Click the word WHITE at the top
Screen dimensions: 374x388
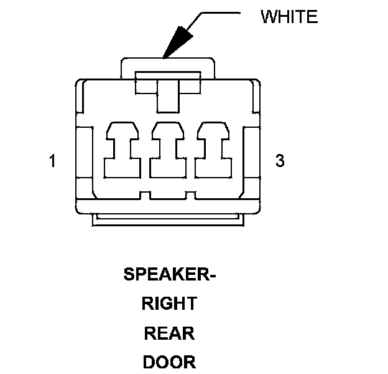tap(289, 16)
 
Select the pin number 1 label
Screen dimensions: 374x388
tap(53, 161)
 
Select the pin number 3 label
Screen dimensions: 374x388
tap(280, 161)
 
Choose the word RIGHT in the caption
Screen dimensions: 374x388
tap(169, 304)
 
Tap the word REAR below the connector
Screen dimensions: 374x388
tap(169, 333)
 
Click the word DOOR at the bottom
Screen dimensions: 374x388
tap(169, 362)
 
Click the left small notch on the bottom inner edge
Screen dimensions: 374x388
tap(144, 195)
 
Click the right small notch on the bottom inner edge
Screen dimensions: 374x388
tap(192, 195)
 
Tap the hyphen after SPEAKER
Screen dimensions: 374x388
tap(211, 276)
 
